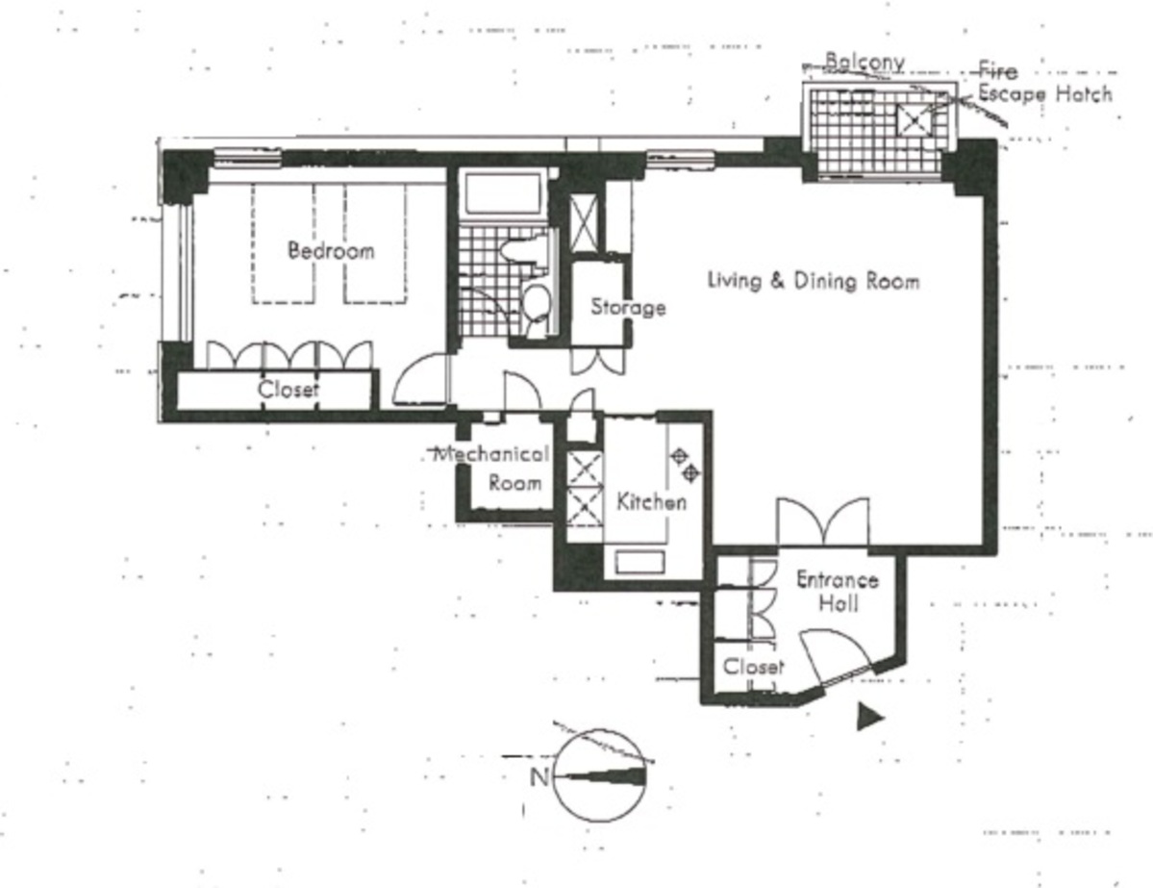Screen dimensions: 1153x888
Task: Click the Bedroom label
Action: point(331,250)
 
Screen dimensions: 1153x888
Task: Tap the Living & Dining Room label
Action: point(814,280)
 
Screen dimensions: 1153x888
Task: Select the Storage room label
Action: point(629,306)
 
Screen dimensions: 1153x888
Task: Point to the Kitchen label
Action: point(651,502)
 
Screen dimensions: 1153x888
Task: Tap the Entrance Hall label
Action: point(838,591)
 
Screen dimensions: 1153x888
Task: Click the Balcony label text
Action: point(865,61)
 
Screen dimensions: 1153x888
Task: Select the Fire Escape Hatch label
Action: point(1045,83)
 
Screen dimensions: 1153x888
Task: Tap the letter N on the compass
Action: point(539,776)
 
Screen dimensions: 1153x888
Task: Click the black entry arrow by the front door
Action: point(870,717)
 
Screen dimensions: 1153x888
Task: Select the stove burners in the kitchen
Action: point(686,465)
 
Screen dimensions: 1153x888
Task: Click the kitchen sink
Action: point(639,562)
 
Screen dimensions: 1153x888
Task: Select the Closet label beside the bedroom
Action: point(288,390)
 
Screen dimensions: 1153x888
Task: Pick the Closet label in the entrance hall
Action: point(754,667)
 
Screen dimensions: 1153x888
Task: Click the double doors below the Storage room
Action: point(598,361)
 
